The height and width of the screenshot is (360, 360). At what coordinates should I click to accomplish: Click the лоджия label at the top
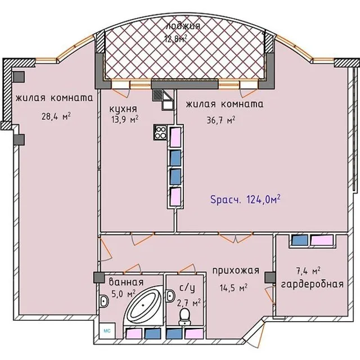pos(183,26)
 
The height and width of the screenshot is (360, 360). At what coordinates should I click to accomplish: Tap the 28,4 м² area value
pos(56,116)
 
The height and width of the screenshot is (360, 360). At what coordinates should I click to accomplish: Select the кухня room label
pos(123,109)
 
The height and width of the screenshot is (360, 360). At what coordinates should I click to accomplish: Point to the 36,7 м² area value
pos(221,120)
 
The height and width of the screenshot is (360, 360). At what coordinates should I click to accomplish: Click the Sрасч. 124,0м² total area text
pos(245,199)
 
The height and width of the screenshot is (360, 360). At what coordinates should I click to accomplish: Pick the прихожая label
pos(236,271)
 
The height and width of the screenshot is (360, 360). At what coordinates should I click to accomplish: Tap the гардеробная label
pos(312,284)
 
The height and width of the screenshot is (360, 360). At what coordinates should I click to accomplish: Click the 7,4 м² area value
pos(308,271)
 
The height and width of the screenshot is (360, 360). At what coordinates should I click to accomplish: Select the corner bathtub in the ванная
pos(143,305)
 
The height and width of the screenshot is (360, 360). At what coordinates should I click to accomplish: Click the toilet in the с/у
pos(184,317)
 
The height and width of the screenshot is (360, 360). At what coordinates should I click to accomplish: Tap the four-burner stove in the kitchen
pos(160,132)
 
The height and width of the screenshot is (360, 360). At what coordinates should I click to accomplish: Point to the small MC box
pos(107,331)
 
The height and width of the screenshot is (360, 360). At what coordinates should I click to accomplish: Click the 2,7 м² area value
pos(189,303)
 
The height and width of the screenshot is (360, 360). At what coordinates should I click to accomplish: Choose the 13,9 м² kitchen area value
pos(125,119)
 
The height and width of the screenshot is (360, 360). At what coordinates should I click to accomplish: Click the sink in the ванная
pos(104,301)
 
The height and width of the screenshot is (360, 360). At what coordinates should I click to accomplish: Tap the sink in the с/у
pos(170,296)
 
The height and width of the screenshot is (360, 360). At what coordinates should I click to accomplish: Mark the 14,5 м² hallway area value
pos(233,287)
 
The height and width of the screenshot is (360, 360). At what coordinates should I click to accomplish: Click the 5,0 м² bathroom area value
pos(123,294)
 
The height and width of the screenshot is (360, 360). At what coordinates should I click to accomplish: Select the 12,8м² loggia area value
pos(175,38)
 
